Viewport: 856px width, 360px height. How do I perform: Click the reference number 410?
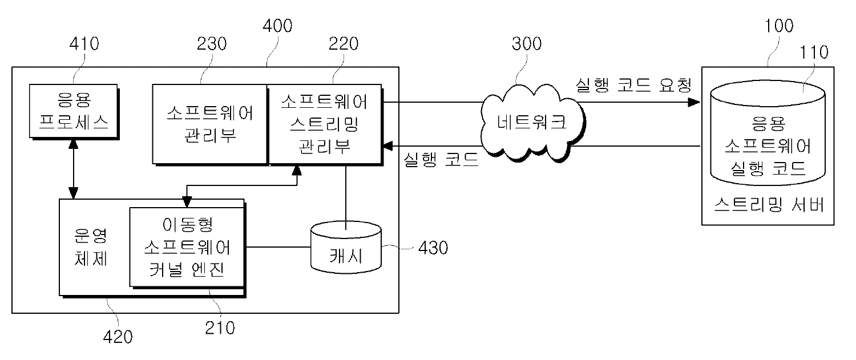pos(83,44)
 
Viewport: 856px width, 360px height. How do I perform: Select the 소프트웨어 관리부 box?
pos(210,124)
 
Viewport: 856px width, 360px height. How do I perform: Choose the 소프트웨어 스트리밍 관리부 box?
pos(324,124)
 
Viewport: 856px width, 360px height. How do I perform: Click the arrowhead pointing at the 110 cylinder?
pos(694,103)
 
